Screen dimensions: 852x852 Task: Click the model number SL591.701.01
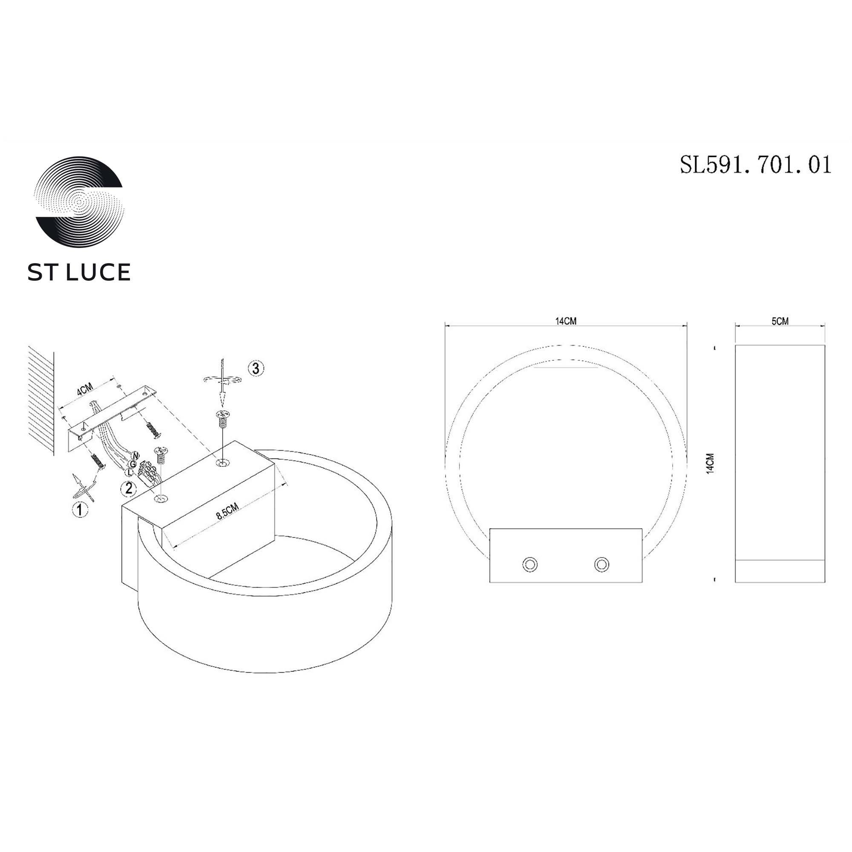pyautogui.click(x=755, y=165)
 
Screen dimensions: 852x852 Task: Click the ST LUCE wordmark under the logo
pyautogui.click(x=79, y=272)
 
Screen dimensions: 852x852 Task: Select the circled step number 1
pyautogui.click(x=80, y=510)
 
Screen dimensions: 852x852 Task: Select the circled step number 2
pyautogui.click(x=129, y=488)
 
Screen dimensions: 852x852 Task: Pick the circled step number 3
pyautogui.click(x=256, y=368)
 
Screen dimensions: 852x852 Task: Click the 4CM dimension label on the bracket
pyautogui.click(x=85, y=389)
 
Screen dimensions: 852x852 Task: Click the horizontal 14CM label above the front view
pyautogui.click(x=566, y=321)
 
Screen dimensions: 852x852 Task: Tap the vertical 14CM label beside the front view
pyautogui.click(x=710, y=463)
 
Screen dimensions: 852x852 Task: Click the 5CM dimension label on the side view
pyautogui.click(x=780, y=321)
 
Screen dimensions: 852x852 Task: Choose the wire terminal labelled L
pyautogui.click(x=128, y=472)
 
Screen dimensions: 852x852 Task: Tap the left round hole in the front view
pyautogui.click(x=530, y=564)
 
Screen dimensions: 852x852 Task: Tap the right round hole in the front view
pyautogui.click(x=602, y=564)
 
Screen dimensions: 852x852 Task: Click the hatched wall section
pyautogui.click(x=41, y=399)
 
